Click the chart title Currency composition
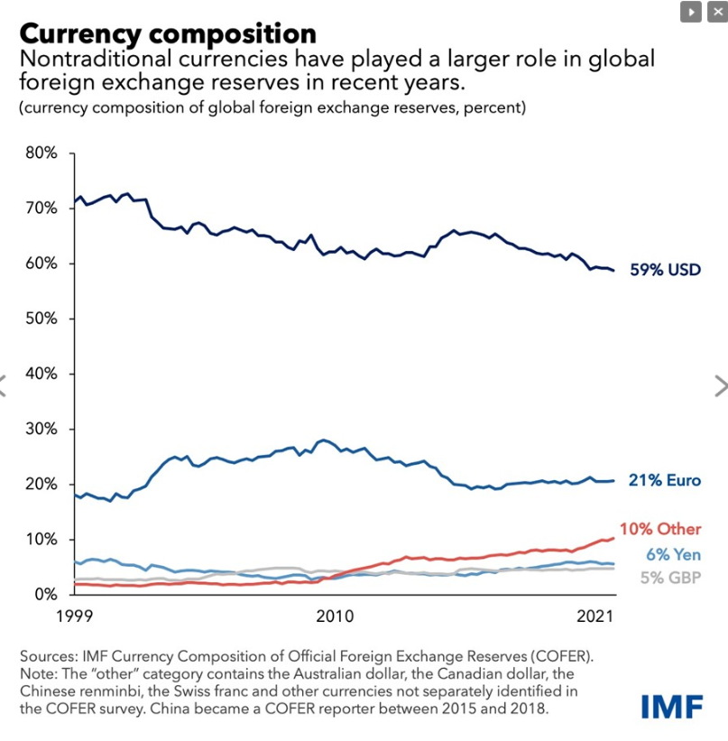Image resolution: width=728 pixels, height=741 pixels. click(167, 33)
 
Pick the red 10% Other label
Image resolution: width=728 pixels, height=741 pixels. click(659, 529)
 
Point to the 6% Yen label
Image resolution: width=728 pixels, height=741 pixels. click(673, 555)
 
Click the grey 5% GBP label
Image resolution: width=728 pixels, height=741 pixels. click(670, 578)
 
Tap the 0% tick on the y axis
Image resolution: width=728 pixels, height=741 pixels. click(45, 594)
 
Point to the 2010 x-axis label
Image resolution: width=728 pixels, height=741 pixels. click(333, 616)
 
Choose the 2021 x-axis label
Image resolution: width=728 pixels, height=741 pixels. click(595, 616)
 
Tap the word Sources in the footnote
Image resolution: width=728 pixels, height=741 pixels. click(48, 656)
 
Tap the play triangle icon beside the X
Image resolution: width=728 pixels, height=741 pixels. click(692, 12)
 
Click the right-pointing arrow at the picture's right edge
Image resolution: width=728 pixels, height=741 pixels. click(719, 385)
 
